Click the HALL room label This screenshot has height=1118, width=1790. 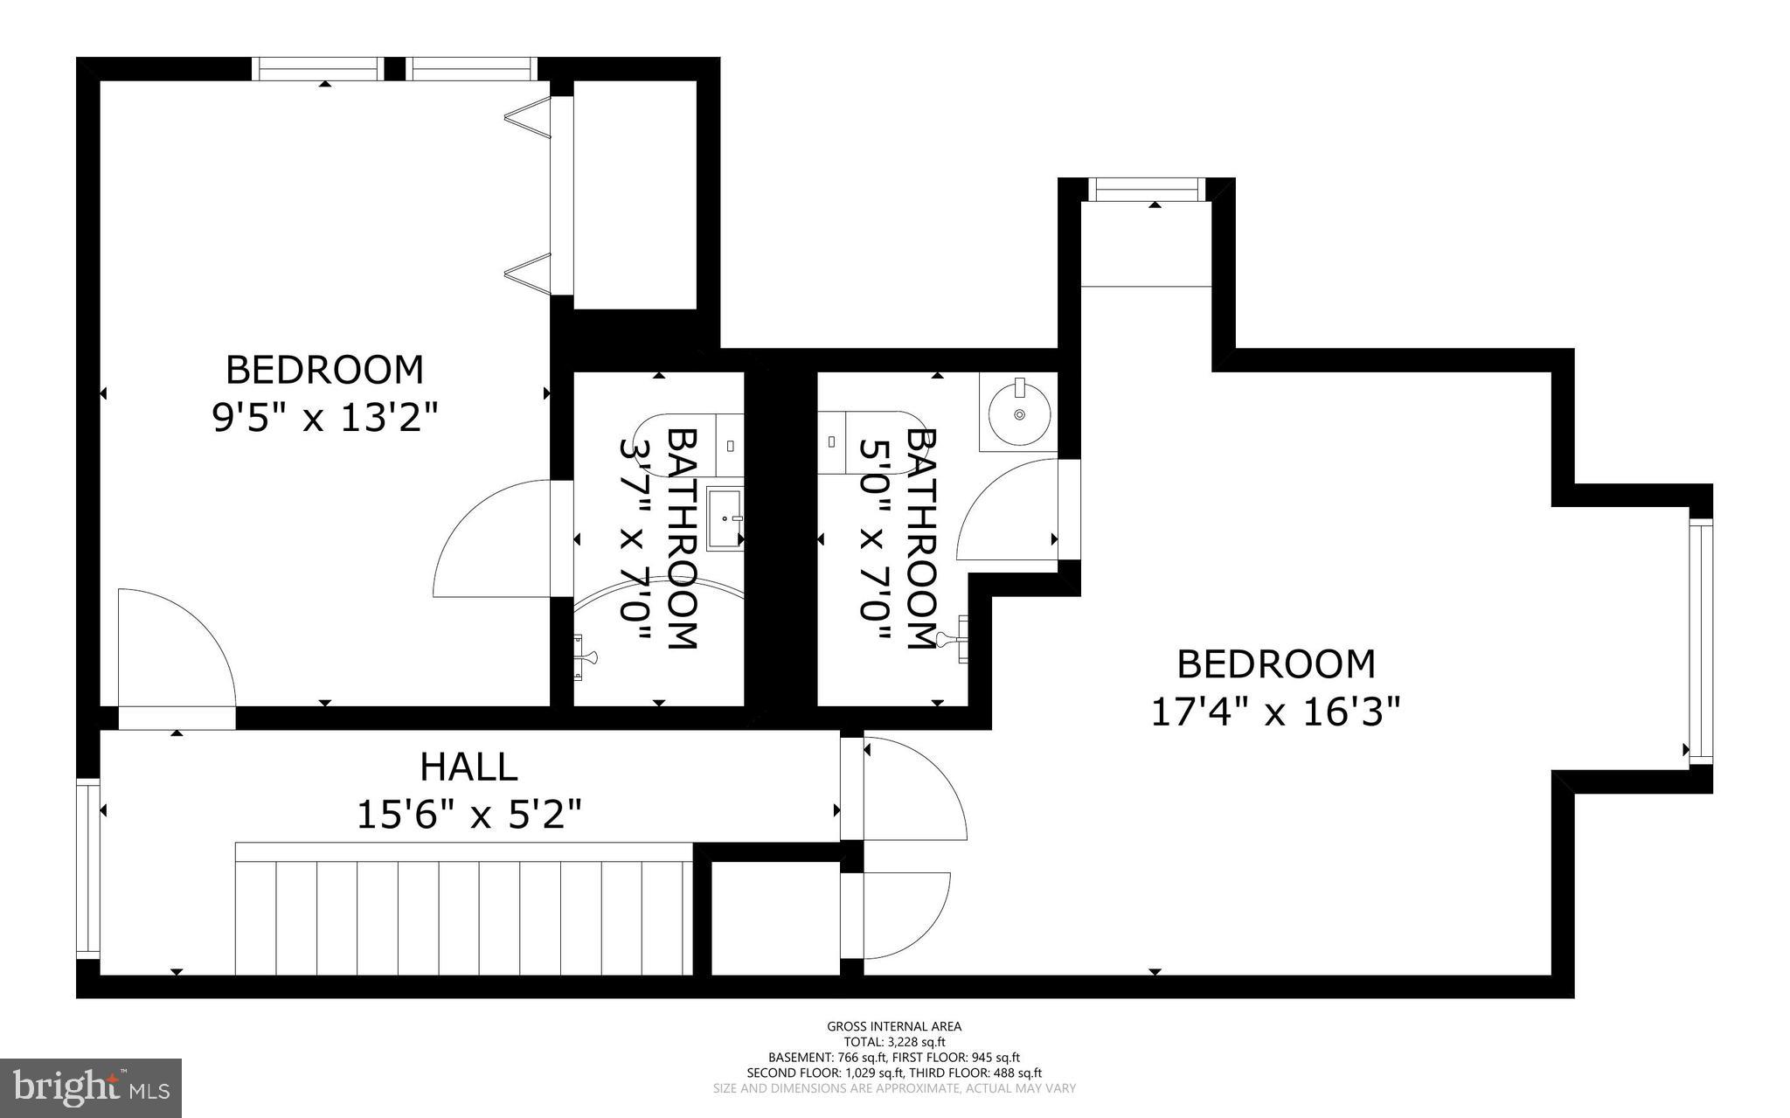468,767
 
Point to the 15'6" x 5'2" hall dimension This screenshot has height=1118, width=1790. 468,816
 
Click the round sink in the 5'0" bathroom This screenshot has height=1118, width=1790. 1018,413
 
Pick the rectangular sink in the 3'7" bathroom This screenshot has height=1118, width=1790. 725,520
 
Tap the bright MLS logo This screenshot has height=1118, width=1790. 91,1087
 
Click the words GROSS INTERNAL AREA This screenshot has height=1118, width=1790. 894,1026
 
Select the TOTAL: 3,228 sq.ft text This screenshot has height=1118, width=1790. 894,1042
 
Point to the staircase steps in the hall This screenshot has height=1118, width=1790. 463,916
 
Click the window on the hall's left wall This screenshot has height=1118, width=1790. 87,869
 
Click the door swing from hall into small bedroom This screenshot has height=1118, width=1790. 177,647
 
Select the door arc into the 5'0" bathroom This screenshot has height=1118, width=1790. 1007,511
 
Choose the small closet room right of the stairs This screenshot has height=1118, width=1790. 775,918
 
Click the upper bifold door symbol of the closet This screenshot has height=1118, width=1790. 532,118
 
